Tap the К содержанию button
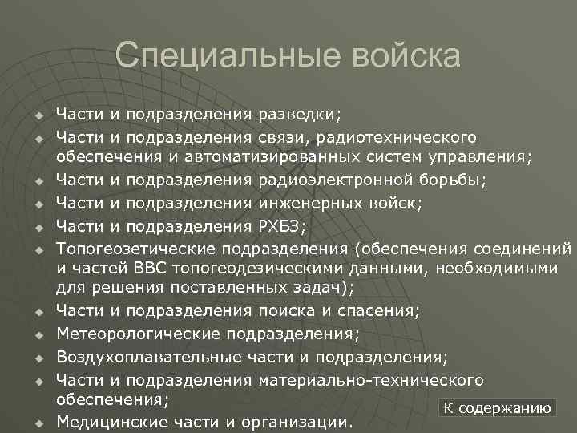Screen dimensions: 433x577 tap(498, 408)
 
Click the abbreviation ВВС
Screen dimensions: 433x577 tap(158, 266)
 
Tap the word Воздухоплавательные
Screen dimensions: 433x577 tap(141, 355)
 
